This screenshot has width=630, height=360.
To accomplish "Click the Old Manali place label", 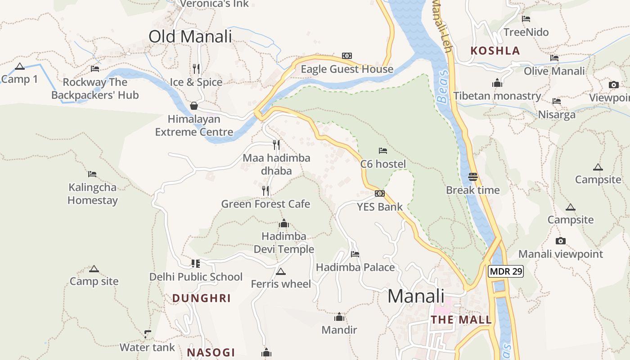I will (x=190, y=36).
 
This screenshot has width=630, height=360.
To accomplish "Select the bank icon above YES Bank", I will (x=380, y=193).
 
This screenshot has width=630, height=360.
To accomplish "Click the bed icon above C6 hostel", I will (x=383, y=151).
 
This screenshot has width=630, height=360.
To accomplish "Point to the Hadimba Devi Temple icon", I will (x=284, y=223).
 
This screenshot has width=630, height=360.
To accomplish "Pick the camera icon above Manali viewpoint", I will (x=560, y=241).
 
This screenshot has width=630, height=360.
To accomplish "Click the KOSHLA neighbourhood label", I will (x=495, y=50).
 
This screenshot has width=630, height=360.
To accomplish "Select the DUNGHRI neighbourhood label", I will (x=201, y=298).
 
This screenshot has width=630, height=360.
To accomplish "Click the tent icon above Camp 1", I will (x=19, y=67).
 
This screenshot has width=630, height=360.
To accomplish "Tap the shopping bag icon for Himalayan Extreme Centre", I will (x=194, y=106).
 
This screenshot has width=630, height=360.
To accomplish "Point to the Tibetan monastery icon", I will (x=497, y=83).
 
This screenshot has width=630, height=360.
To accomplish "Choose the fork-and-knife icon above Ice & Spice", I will (x=196, y=68).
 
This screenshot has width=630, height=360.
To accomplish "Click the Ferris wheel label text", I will (x=281, y=284).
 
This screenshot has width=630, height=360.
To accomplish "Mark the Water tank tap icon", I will (x=147, y=334).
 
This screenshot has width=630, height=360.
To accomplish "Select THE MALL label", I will (x=461, y=319).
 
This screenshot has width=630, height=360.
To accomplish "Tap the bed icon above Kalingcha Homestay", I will (x=92, y=174).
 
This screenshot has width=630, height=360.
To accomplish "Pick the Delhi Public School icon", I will (x=195, y=264).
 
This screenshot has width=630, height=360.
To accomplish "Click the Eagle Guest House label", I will (x=346, y=69).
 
